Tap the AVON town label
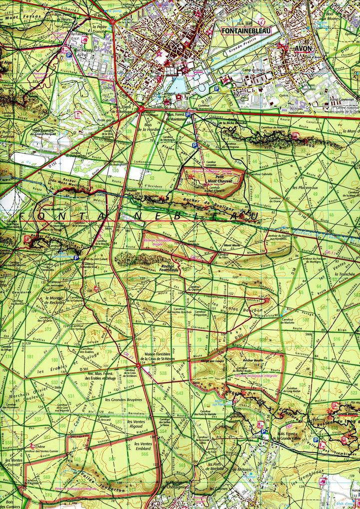tap(303, 49)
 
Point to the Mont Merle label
tap(232, 246)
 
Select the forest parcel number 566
tap(145, 454)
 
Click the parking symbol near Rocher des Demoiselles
tap(76, 257)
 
